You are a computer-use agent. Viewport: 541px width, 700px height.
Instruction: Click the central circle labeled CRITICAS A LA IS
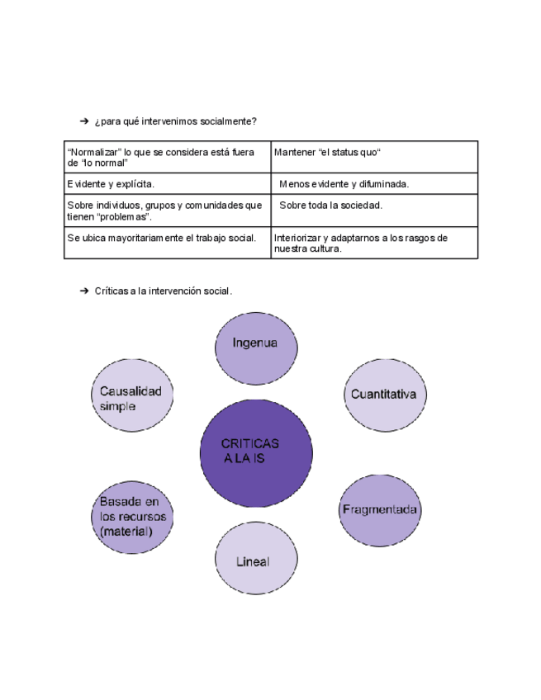click(x=255, y=452)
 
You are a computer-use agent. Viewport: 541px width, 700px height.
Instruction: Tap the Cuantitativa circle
click(x=382, y=395)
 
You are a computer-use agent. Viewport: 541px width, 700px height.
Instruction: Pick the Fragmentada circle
click(x=379, y=509)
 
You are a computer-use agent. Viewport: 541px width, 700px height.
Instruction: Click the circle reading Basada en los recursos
click(x=132, y=516)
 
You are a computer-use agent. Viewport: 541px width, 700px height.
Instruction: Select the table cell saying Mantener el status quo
click(x=374, y=157)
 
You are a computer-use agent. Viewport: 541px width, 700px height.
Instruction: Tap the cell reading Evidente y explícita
click(x=167, y=184)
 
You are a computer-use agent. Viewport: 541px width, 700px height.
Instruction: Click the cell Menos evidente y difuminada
click(x=374, y=184)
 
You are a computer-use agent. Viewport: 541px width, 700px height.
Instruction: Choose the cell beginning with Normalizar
click(x=167, y=157)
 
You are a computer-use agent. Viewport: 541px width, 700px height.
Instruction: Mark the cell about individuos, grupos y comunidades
click(x=167, y=210)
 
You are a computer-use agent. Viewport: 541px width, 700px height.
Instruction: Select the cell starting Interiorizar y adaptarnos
click(x=374, y=243)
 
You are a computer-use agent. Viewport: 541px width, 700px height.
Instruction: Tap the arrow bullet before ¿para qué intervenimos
click(x=84, y=121)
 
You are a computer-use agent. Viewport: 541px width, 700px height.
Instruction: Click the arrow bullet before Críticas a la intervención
click(x=84, y=291)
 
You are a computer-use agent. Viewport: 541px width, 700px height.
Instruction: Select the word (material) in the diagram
click(x=126, y=532)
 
